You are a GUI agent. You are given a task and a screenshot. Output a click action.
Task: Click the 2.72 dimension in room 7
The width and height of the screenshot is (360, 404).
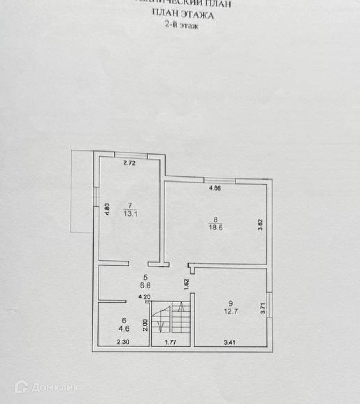click(129, 164)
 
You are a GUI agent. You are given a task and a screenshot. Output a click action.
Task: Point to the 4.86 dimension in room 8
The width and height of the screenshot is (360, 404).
click(215, 188)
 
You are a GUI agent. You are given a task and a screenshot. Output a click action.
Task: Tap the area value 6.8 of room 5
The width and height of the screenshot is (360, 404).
click(146, 285)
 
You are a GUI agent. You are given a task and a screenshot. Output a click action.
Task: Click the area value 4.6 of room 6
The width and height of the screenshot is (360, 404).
click(124, 328)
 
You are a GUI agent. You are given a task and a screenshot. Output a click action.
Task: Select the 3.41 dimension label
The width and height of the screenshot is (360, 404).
click(230, 343)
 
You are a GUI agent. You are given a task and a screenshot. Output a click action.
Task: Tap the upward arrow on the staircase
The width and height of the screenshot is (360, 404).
click(181, 310)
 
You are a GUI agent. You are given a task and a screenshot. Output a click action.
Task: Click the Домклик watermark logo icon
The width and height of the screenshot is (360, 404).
click(21, 386)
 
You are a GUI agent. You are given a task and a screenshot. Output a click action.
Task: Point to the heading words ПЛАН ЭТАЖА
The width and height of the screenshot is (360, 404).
click(183, 15)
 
